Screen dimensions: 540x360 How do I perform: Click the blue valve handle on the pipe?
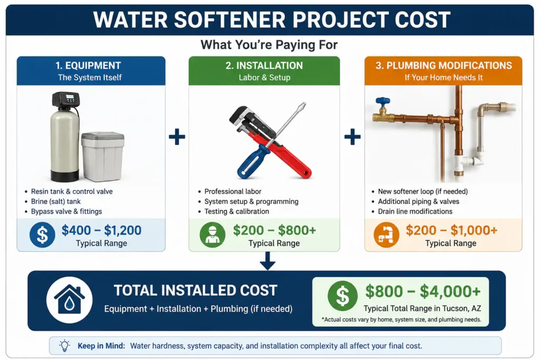383,102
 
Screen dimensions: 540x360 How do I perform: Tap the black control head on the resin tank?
65,99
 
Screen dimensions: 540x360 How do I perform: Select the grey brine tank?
103,157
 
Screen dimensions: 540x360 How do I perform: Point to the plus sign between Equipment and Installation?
177,137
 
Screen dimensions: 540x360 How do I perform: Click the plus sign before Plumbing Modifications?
352,137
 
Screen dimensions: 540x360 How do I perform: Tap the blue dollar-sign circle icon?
42,235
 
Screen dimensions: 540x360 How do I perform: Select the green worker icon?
213,235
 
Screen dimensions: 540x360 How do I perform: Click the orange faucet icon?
387,235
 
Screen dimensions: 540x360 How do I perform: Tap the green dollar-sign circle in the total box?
342,296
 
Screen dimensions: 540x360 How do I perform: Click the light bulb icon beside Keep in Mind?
64,345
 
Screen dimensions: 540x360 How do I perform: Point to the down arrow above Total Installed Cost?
267,261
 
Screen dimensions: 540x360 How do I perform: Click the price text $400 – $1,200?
102,230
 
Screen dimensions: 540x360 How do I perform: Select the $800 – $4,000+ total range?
423,291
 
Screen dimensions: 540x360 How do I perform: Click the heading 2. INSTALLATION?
264,65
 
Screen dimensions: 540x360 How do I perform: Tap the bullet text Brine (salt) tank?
56,201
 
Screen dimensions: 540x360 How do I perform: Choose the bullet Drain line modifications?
415,211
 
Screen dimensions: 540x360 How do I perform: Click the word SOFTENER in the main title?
230,20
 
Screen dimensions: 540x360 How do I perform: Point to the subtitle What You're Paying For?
269,45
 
